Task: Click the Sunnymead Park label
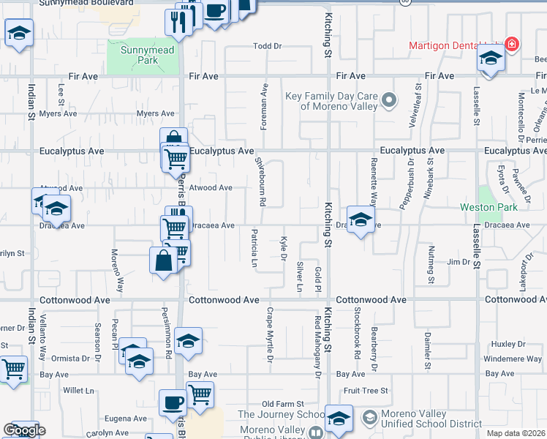tap(143, 56)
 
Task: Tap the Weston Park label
tap(479, 207)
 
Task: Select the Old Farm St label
tap(283, 404)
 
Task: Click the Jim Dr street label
tap(459, 261)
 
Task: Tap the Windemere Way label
tap(513, 359)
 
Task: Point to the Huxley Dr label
tap(504, 343)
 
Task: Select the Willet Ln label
tap(79, 391)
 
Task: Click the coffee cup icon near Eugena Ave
tap(173, 402)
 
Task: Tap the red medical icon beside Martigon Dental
tap(512, 45)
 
